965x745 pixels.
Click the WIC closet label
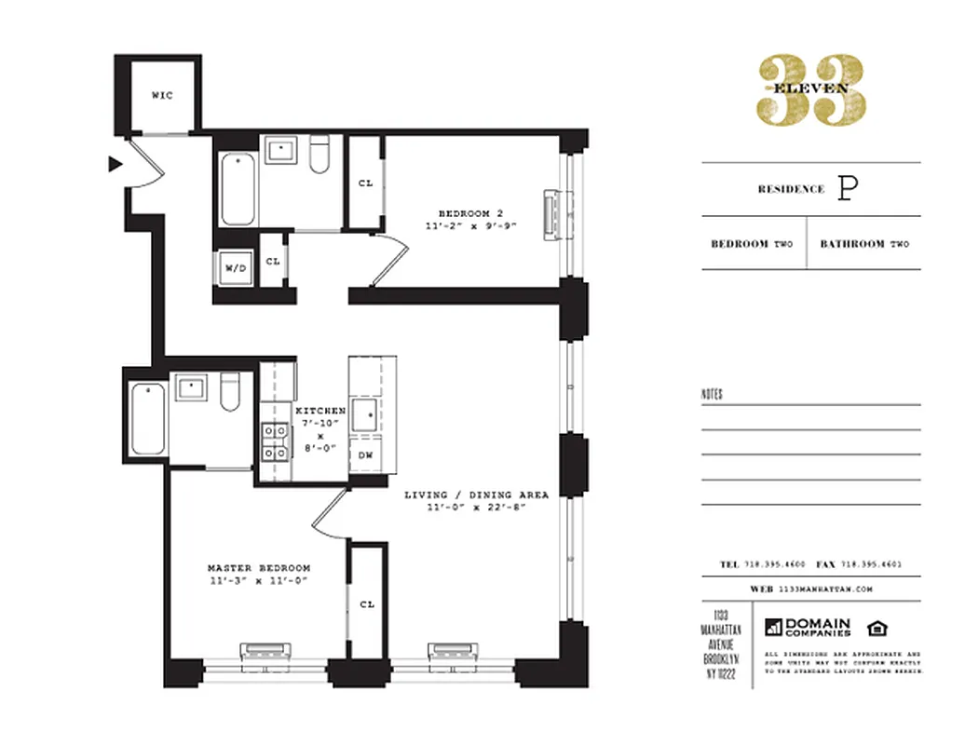162,95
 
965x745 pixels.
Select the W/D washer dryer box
235,269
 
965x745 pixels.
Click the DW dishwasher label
366,455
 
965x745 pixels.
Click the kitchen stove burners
276,441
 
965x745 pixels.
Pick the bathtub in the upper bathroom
237,190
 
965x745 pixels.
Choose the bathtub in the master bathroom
147,417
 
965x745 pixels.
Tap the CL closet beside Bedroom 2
365,183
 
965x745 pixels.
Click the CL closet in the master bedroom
367,604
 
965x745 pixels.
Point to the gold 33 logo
811,88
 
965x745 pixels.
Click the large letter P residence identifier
847,188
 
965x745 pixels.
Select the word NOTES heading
712,395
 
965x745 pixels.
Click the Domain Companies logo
808,628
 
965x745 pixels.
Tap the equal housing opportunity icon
877,627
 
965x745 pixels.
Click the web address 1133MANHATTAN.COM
823,589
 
